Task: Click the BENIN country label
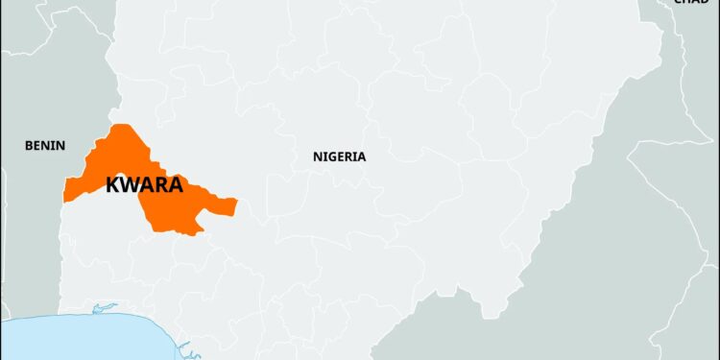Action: click(45, 146)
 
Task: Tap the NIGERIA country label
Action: click(339, 156)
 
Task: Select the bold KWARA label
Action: click(144, 185)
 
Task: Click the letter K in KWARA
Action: click(112, 185)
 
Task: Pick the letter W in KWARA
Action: click(130, 185)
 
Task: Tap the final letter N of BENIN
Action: click(61, 146)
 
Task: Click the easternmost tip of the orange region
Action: click(236, 203)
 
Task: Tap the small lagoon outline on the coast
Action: click(104, 308)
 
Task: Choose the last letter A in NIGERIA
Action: click(361, 156)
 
